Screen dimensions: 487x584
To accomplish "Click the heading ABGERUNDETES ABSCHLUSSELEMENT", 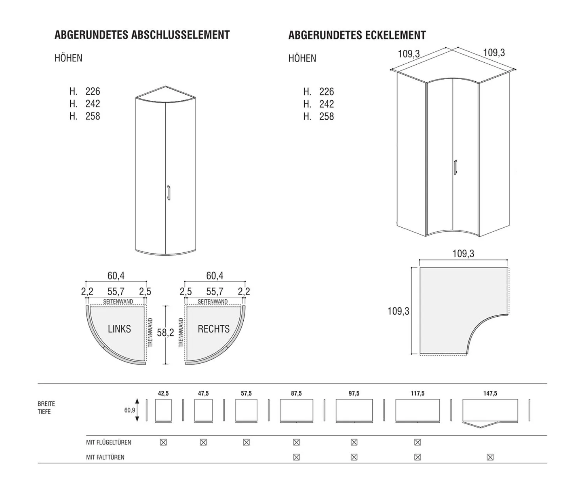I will [142, 35].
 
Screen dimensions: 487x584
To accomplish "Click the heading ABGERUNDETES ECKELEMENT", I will [357, 36].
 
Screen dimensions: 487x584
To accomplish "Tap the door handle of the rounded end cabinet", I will [169, 193].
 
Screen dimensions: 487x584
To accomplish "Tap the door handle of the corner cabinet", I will [455, 167].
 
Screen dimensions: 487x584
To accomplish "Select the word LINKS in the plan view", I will [119, 329].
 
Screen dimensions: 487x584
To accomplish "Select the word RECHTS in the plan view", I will [213, 329].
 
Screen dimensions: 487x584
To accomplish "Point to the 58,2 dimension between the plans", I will [165, 332].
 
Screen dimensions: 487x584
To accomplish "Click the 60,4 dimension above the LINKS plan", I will [116, 276].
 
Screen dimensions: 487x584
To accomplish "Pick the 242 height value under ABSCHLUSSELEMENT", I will [93, 104].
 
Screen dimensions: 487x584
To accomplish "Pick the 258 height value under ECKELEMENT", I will [327, 116].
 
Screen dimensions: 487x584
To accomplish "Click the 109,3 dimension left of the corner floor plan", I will [398, 311].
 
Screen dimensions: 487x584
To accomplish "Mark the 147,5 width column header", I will [490, 393].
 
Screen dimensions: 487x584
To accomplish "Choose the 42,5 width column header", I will [163, 393].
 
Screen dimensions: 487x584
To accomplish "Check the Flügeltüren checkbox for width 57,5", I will [246, 442].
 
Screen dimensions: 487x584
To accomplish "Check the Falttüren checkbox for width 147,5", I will [490, 457].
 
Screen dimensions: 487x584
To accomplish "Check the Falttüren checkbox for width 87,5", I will [296, 457].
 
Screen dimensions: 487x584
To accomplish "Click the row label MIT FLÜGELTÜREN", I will [108, 443].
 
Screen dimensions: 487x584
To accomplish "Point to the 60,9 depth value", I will [129, 410].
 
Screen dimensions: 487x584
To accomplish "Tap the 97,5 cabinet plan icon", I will [354, 411].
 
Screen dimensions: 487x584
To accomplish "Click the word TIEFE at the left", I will [44, 412].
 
